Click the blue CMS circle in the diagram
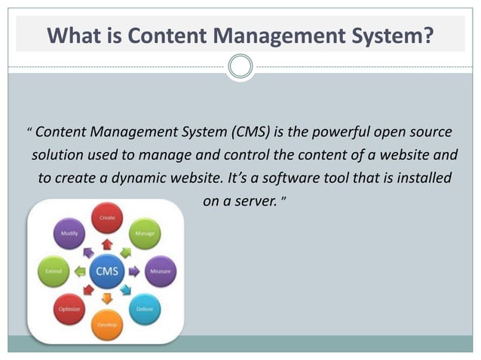pyautogui.click(x=106, y=271)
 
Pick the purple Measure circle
pyautogui.click(x=159, y=271)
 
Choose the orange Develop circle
pyautogui.click(x=106, y=325)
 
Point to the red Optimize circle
pyautogui.click(x=68, y=310)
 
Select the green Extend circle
pyautogui.click(x=53, y=271)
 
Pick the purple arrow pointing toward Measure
pyautogui.click(x=134, y=271)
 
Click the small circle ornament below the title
pyautogui.click(x=240, y=67)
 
